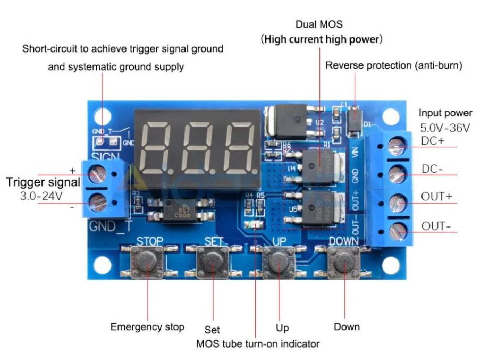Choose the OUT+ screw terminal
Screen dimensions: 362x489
tap(397, 203)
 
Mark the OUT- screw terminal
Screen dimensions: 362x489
tap(397, 230)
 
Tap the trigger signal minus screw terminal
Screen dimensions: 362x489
tap(97, 202)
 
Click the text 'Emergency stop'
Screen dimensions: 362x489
tap(147, 326)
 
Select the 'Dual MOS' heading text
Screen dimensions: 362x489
tap(319, 24)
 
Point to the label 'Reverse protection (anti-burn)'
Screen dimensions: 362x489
tap(393, 66)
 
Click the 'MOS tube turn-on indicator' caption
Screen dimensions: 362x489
tap(258, 344)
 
